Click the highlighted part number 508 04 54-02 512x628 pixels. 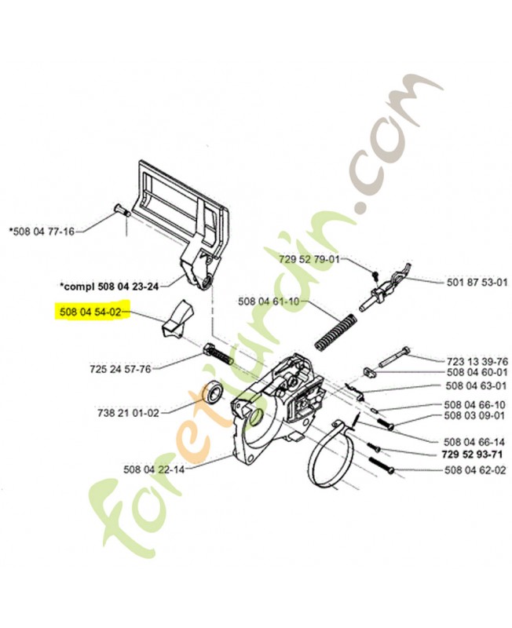[88, 312]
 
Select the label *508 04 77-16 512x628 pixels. [42, 232]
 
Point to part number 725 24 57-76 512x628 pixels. [119, 368]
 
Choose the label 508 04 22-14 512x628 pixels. [154, 470]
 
